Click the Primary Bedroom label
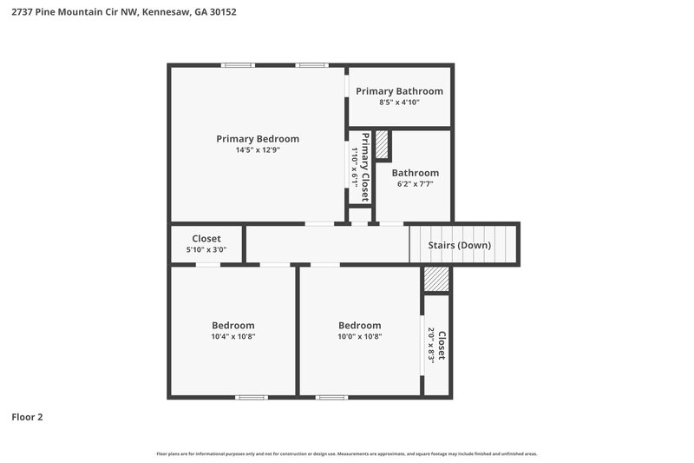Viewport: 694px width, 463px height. click(258, 138)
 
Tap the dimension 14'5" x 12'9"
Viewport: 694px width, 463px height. click(258, 150)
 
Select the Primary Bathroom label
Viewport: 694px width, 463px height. click(399, 91)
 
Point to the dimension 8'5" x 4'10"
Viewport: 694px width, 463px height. click(399, 103)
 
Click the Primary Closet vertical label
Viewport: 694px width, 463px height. click(365, 167)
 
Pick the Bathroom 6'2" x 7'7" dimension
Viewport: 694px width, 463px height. click(415, 184)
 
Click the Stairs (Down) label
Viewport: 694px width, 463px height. click(460, 245)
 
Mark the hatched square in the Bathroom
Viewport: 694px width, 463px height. click(382, 144)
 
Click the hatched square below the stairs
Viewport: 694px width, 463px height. click(436, 279)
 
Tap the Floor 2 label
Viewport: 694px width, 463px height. click(27, 417)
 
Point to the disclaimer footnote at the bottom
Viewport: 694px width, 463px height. click(347, 453)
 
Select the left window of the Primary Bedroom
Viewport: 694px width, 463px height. click(237, 65)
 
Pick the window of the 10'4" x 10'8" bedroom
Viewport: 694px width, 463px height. click(252, 397)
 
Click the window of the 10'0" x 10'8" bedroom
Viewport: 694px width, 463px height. click(331, 397)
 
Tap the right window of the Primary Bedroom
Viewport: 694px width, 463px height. click(311, 65)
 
